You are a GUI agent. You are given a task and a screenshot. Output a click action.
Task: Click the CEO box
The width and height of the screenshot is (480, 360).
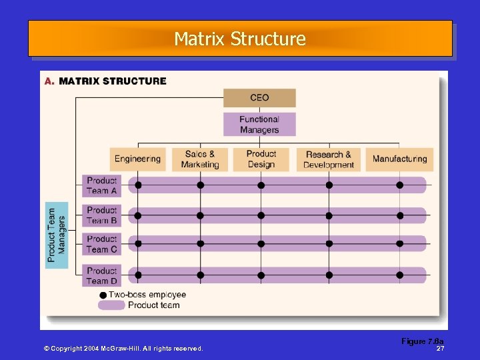tap(259, 98)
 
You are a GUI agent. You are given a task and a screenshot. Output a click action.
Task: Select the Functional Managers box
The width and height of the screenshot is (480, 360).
tap(259, 125)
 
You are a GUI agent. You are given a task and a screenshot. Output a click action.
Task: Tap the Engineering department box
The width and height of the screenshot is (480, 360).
tap(137, 159)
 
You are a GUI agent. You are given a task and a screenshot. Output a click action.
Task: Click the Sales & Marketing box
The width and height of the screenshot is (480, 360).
tap(200, 159)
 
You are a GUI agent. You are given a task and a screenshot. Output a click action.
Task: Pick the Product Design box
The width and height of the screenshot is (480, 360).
tap(261, 159)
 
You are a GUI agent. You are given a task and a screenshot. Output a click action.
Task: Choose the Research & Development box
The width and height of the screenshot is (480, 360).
tap(329, 159)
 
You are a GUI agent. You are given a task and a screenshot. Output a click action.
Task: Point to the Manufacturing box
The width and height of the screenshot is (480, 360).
tap(399, 159)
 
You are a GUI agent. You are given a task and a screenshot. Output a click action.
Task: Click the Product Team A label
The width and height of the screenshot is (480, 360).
tap(102, 185)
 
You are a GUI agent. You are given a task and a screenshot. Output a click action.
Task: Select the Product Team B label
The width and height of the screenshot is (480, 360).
tap(102, 215)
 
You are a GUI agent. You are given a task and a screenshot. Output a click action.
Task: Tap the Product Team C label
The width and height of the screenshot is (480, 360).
tap(102, 244)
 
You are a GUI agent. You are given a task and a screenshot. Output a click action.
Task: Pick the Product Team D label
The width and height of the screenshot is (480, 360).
tap(102, 275)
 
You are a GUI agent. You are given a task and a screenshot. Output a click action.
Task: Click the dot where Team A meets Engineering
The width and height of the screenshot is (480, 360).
tap(138, 185)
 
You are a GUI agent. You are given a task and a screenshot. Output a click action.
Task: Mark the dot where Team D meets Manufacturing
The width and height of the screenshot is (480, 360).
tap(400, 275)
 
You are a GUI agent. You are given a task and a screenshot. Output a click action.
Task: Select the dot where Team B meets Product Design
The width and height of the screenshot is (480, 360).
tap(261, 215)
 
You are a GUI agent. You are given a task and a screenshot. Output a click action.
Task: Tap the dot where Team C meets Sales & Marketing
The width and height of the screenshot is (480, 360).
tap(200, 244)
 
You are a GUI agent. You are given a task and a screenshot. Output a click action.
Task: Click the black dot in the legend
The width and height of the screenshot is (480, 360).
tap(103, 295)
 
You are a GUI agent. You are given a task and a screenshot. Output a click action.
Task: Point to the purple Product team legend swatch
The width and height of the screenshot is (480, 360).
tap(111, 305)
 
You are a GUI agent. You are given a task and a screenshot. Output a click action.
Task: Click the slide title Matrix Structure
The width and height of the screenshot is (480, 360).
tap(240, 39)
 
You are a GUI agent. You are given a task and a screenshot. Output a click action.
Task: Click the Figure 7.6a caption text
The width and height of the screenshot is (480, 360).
tap(422, 341)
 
